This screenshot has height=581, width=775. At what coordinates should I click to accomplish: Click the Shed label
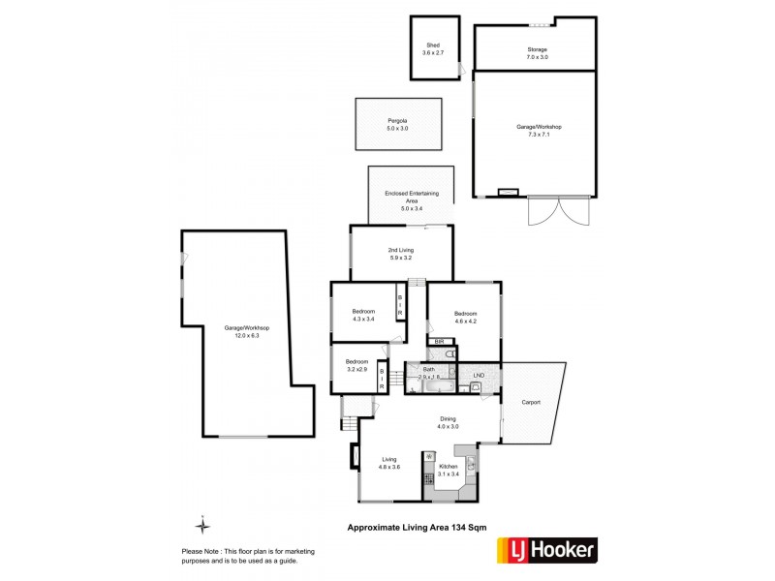pyautogui.click(x=432, y=48)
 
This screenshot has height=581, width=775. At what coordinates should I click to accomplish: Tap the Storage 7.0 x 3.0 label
pyautogui.click(x=537, y=52)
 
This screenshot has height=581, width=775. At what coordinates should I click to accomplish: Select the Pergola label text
pyautogui.click(x=397, y=125)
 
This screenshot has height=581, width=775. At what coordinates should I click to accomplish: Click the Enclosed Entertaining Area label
pyautogui.click(x=412, y=200)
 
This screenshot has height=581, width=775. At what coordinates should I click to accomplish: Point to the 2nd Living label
pyautogui.click(x=401, y=254)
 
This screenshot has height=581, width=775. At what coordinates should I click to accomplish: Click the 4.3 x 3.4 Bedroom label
pyautogui.click(x=363, y=315)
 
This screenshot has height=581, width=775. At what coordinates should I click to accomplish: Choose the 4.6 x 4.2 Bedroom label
pyautogui.click(x=466, y=318)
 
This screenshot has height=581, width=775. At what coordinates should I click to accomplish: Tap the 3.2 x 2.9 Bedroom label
pyautogui.click(x=357, y=365)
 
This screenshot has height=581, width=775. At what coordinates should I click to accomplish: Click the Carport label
pyautogui.click(x=530, y=402)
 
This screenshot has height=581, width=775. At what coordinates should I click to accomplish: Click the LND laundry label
pyautogui.click(x=479, y=375)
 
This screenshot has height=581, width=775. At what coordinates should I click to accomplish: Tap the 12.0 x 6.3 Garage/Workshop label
pyautogui.click(x=247, y=332)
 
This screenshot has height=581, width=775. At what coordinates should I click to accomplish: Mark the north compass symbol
pyautogui.click(x=201, y=526)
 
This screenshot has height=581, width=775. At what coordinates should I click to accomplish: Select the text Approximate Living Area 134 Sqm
pyautogui.click(x=417, y=527)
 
